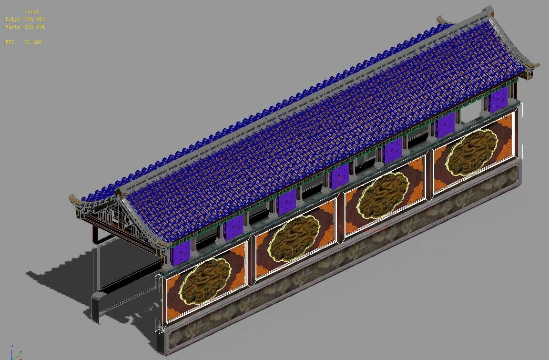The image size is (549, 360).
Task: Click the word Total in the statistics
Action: click(x=31, y=11)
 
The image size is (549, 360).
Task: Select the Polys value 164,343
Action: click(x=34, y=19)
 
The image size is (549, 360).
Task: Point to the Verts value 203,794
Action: click(x=34, y=27)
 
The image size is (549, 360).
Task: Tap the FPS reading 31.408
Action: click(x=33, y=42)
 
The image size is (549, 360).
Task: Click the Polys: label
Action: click(x=13, y=19)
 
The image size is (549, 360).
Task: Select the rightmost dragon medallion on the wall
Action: click(x=472, y=147)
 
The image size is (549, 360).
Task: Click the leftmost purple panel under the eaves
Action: click(x=181, y=252)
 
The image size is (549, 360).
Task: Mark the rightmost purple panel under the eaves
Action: click(x=498, y=100)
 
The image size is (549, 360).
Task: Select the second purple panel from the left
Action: click(x=234, y=228)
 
